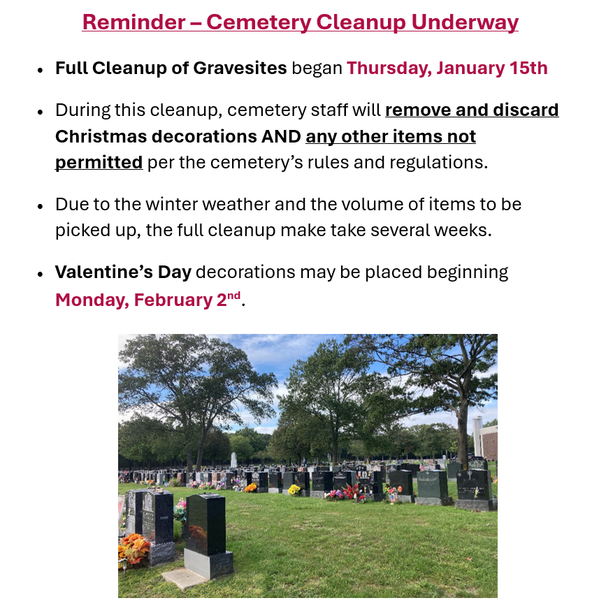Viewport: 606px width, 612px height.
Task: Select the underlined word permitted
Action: pos(99,162)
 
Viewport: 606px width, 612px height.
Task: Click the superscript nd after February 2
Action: pos(233,295)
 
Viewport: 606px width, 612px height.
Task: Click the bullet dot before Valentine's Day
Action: pos(41,273)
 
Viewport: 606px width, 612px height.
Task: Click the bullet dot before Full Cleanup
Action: pos(41,69)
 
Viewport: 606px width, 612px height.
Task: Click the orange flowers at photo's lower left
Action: pos(134,548)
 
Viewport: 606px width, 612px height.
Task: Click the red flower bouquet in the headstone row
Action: pos(349,491)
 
